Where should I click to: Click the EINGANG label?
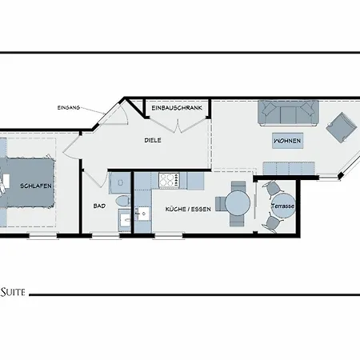[68, 107]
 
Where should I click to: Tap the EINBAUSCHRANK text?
[176, 107]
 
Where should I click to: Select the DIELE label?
[153, 139]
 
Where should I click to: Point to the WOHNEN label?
[287, 141]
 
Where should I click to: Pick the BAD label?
[99, 206]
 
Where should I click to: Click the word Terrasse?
[282, 206]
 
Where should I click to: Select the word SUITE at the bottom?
[14, 294]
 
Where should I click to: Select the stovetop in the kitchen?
[169, 181]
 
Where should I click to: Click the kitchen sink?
[142, 214]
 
